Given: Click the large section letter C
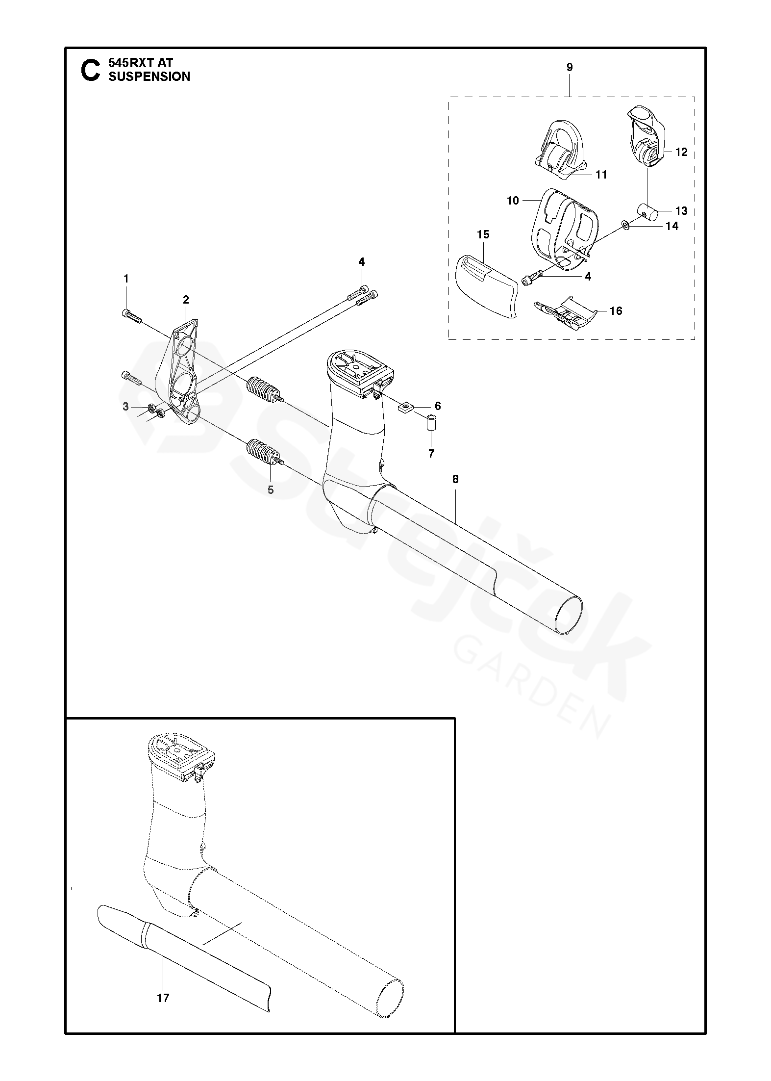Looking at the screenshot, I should click(90, 70).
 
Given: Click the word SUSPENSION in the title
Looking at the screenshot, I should click(149, 77).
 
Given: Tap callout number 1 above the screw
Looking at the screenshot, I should click(126, 279).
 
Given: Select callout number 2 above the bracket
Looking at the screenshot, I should click(186, 300).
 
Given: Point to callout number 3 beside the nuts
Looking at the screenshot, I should click(126, 407).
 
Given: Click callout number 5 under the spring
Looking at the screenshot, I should click(271, 489).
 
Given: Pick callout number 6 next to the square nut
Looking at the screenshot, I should click(438, 406).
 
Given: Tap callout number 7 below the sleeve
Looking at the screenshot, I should click(431, 454).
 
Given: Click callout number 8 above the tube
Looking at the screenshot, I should click(455, 479).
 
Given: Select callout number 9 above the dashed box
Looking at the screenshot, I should click(570, 67).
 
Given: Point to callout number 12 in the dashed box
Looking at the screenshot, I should click(681, 152).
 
